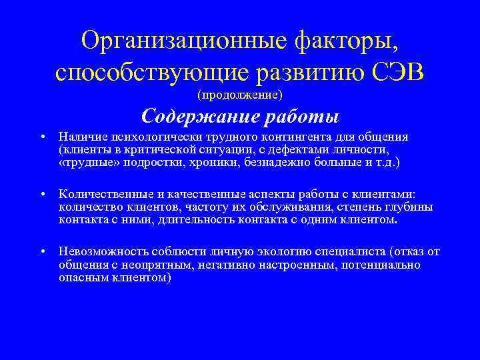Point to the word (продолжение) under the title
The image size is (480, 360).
coord(239,95)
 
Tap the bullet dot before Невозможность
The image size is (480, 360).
coord(42,252)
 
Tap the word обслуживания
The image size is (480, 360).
coord(285,206)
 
